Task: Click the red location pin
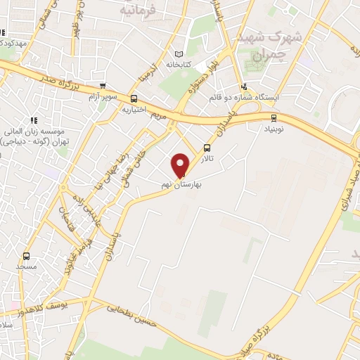click(x=180, y=165)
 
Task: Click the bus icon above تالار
click(x=207, y=148)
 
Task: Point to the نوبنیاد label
click(x=274, y=130)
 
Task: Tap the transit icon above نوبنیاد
click(x=274, y=118)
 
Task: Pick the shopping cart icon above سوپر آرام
click(x=103, y=86)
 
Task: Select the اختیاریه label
click(x=134, y=110)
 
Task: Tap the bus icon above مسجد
click(x=27, y=256)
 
